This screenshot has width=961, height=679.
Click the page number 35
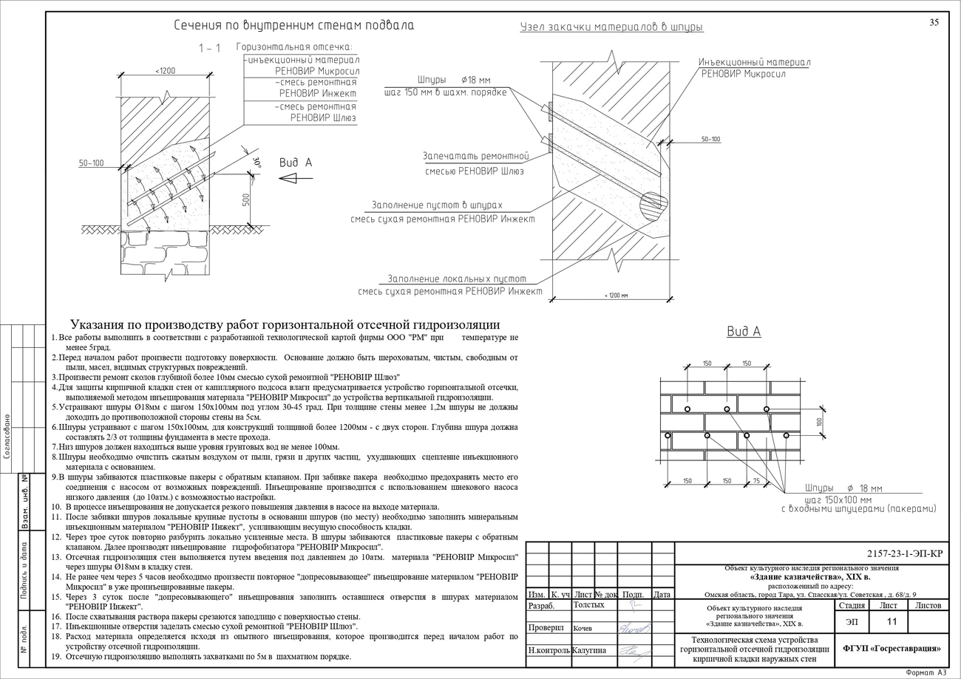click(934, 22)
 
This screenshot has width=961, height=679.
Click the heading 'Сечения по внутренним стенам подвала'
click(293, 25)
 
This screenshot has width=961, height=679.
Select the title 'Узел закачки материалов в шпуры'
click(611, 27)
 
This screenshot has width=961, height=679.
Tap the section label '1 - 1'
click(209, 48)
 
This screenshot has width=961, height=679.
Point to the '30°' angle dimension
click(257, 163)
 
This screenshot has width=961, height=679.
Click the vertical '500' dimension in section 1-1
click(247, 199)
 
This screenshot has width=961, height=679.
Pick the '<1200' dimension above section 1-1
click(166, 70)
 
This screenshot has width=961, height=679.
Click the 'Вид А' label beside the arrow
click(296, 163)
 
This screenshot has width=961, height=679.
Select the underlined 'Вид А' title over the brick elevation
click(744, 332)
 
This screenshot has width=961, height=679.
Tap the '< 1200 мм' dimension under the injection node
click(616, 296)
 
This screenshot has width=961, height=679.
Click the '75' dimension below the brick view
click(756, 481)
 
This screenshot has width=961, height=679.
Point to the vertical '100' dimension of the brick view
click(820, 422)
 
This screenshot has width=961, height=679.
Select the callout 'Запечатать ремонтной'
click(476, 157)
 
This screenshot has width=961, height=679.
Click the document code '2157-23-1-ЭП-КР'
click(905, 553)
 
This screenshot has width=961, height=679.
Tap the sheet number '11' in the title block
click(892, 621)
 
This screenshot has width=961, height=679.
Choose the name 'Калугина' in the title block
click(588, 650)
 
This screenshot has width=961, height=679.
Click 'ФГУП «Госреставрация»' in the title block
click(892, 648)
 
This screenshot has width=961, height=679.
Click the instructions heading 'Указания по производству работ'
click(285, 325)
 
